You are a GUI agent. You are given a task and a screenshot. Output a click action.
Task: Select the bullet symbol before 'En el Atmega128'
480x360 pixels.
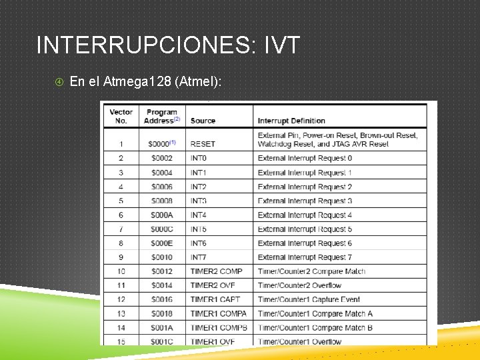point(59,82)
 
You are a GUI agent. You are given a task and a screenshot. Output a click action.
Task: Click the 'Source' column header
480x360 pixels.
point(203,121)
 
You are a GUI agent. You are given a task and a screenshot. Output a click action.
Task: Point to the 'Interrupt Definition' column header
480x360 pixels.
point(291,121)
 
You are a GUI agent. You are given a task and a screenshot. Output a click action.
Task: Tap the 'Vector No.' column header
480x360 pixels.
point(121,116)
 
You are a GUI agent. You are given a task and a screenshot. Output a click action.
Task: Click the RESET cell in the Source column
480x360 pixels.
point(203,144)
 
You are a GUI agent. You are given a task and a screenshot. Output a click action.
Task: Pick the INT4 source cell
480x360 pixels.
point(199,215)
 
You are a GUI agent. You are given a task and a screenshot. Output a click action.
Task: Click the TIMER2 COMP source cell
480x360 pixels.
point(216,271)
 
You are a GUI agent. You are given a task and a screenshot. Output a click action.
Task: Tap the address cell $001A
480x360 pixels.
point(161,328)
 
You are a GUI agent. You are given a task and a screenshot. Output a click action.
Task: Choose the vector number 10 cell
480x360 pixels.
point(121,271)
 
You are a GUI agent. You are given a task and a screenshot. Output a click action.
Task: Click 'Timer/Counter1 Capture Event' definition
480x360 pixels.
point(309,299)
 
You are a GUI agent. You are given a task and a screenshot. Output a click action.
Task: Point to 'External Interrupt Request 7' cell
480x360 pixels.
point(305,257)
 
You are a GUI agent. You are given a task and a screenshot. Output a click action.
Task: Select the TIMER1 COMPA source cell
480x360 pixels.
point(218,313)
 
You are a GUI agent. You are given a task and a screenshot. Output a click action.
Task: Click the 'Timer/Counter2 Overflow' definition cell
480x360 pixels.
point(299,285)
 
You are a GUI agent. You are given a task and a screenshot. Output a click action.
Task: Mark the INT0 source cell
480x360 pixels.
point(199,159)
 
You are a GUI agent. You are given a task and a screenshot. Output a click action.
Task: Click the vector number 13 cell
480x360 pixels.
point(121,313)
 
